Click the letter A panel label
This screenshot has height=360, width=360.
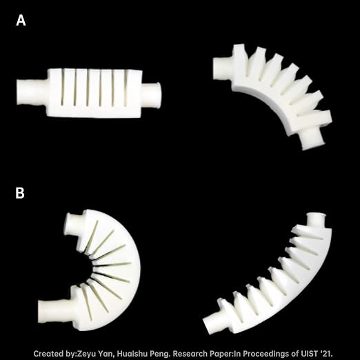pyautogui.click(x=21, y=20)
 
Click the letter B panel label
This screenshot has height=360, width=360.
pyautogui.click(x=20, y=193)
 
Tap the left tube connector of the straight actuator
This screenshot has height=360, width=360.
pyautogui.click(x=32, y=92)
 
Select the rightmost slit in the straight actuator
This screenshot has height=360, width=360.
pyautogui.click(x=126, y=88)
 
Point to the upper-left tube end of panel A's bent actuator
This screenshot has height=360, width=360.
pyautogui.click(x=223, y=68)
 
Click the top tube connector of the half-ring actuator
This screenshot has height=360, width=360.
pyautogui.click(x=74, y=224)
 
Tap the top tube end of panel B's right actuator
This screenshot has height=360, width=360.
pyautogui.click(x=316, y=221)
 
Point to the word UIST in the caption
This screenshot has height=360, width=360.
pyautogui.click(x=310, y=353)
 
